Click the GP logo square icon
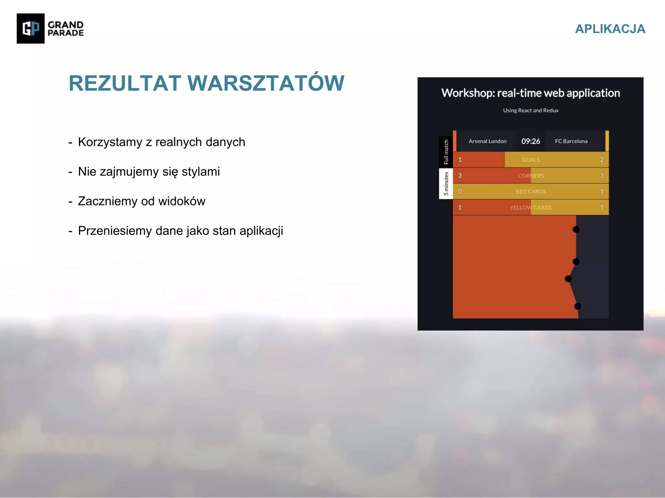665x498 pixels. click(31, 29)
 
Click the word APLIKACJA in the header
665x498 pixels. click(610, 29)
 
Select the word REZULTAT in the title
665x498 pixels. click(125, 83)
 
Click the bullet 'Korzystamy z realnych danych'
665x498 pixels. click(161, 142)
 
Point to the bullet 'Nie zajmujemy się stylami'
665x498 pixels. click(149, 172)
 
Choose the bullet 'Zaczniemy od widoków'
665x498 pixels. click(142, 201)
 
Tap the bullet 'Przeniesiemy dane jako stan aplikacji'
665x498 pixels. click(181, 231)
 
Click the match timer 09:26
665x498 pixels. click(531, 141)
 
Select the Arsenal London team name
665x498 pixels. click(487, 141)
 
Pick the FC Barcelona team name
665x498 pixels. click(571, 141)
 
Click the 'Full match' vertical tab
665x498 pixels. click(446, 152)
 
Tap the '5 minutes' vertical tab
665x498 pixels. click(446, 184)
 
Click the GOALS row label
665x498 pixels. click(531, 160)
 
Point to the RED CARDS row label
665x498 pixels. click(531, 192)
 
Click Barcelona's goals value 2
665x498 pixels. click(602, 160)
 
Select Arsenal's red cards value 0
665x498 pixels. click(460, 191)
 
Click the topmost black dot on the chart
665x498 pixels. click(576, 230)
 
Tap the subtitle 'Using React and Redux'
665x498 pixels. click(531, 110)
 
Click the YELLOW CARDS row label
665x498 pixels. click(531, 207)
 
